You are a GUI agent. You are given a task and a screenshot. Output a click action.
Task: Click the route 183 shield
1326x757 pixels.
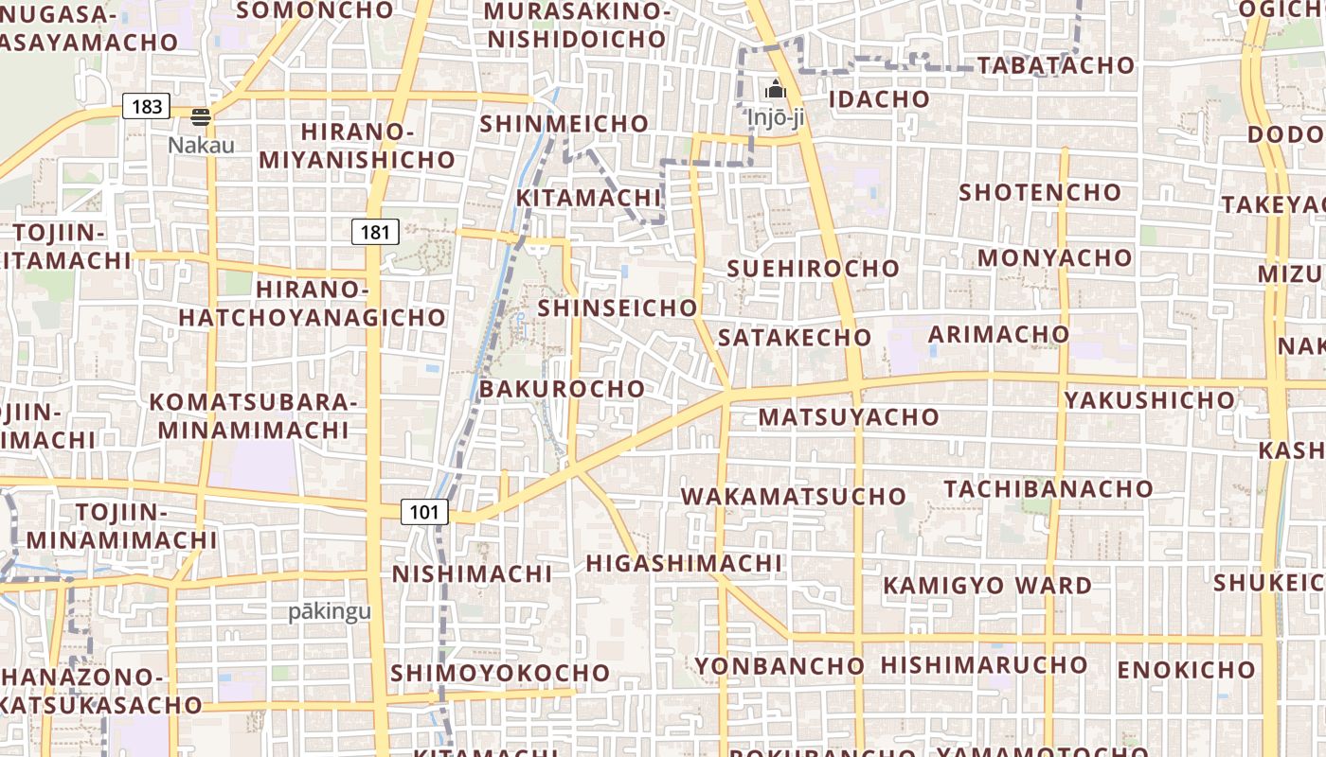[x=147, y=106]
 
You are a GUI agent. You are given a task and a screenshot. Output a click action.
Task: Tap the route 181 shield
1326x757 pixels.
[x=375, y=231]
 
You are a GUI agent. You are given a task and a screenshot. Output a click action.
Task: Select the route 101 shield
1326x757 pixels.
[x=423, y=512]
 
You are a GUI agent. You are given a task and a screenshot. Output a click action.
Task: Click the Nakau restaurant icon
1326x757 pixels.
[x=201, y=116]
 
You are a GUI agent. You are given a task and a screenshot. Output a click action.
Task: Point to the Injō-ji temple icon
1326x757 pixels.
[x=776, y=90]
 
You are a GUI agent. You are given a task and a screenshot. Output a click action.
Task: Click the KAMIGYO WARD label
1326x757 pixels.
[x=988, y=586]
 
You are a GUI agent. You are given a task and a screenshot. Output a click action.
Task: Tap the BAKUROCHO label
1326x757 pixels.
[x=562, y=389]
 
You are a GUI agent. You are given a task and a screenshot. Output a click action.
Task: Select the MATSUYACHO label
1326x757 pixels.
[x=849, y=417]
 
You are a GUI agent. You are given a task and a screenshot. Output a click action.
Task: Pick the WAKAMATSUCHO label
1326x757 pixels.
[x=794, y=497]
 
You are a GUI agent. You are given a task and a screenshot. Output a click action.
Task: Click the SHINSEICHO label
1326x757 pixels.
[x=618, y=308]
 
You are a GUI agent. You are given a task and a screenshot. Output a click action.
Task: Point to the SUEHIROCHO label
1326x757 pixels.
[x=813, y=269]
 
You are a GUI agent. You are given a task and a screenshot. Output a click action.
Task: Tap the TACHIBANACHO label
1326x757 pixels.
[x=1048, y=489]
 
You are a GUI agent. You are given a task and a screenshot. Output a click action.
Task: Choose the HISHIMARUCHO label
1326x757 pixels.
[x=984, y=665]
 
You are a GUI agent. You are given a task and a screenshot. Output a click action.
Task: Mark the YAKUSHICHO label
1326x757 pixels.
[x=1150, y=400]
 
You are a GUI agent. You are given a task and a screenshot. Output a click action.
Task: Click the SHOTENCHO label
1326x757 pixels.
[x=1040, y=193]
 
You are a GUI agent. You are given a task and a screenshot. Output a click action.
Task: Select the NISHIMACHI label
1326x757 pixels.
[x=472, y=574]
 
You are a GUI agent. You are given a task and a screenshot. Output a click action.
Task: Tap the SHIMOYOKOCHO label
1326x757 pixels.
[x=500, y=674]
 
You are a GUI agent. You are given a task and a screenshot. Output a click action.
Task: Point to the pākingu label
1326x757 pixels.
[x=330, y=611]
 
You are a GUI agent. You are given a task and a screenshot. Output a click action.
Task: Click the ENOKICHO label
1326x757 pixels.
[x=1186, y=671]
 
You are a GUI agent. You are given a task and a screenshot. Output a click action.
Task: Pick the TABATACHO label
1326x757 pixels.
[x=1055, y=65]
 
